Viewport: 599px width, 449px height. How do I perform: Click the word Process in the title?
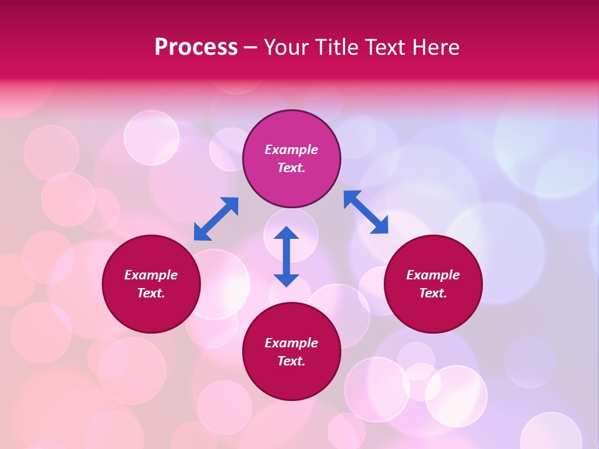pyautogui.click(x=196, y=47)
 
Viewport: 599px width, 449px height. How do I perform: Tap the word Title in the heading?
pyautogui.click(x=335, y=47)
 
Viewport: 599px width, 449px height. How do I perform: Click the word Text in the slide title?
pyautogui.click(x=387, y=47)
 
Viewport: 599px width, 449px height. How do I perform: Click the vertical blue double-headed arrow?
pyautogui.click(x=286, y=257)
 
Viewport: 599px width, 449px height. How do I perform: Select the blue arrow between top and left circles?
pyautogui.click(x=216, y=219)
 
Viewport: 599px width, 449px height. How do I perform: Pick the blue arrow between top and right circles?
pyautogui.click(x=366, y=212)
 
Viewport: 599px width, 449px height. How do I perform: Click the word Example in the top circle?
pyautogui.click(x=291, y=150)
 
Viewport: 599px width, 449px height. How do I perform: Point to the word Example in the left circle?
pyautogui.click(x=151, y=275)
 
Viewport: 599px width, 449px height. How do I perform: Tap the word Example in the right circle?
pyautogui.click(x=433, y=275)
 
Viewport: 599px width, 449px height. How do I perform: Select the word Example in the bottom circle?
pyautogui.click(x=291, y=343)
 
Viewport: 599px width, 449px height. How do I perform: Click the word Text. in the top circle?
pyautogui.click(x=291, y=168)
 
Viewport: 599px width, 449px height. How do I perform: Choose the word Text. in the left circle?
pyautogui.click(x=151, y=293)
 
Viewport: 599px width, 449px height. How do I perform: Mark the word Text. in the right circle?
pyautogui.click(x=433, y=293)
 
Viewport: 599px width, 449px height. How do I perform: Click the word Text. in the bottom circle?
pyautogui.click(x=291, y=361)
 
